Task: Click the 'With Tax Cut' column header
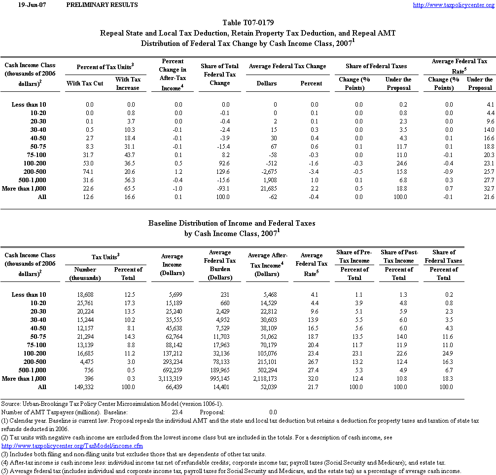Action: click(85, 83)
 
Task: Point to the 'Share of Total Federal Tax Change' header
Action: click(219, 75)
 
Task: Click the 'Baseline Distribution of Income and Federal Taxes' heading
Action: click(232, 224)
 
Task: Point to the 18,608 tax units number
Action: click(89, 295)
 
